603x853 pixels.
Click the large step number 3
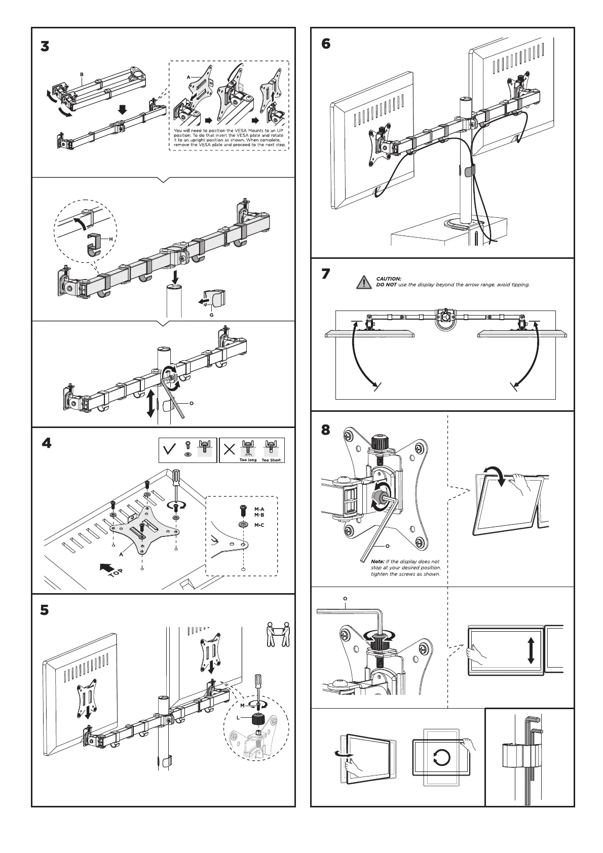click(45, 47)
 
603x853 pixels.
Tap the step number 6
click(326, 44)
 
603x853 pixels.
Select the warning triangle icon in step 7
click(363, 282)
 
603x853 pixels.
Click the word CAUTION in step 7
click(389, 279)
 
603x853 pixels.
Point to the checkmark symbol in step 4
click(171, 449)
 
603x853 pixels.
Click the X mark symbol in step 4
click(230, 449)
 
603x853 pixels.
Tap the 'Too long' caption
click(248, 460)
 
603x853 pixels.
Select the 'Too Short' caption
click(271, 460)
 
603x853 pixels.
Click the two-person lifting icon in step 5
click(278, 634)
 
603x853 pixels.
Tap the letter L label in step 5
click(238, 717)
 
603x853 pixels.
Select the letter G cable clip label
click(212, 315)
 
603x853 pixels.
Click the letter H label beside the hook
click(110, 239)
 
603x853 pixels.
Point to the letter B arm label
click(81, 74)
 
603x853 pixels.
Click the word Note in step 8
click(378, 562)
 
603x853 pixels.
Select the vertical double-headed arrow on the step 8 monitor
click(531, 650)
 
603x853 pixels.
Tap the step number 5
click(45, 610)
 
